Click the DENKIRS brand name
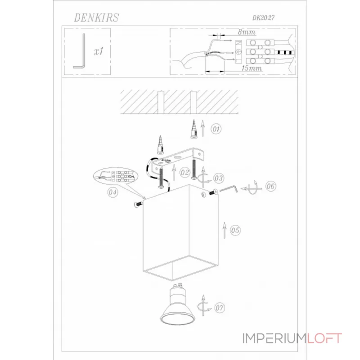click(x=95, y=17)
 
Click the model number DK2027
click(x=264, y=18)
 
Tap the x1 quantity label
click(x=99, y=51)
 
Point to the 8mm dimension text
click(x=247, y=32)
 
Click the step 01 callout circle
click(x=216, y=130)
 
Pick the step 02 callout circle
click(x=184, y=172)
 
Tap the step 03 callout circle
click(x=219, y=178)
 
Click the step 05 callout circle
click(x=235, y=230)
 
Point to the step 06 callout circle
click(x=270, y=186)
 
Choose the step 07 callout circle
click(x=219, y=309)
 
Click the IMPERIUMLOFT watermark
click(x=293, y=338)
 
